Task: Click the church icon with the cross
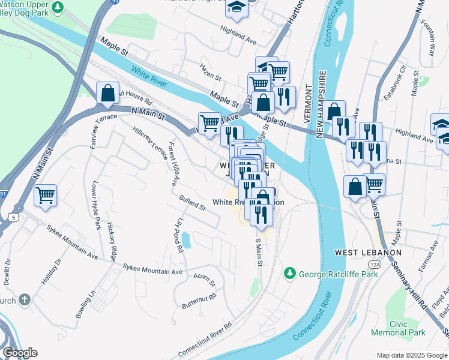click(x=24, y=299)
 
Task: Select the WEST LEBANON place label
click(x=368, y=253)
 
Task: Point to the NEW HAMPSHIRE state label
click(x=322, y=103)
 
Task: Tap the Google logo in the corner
click(x=20, y=353)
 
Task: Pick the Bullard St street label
click(x=191, y=203)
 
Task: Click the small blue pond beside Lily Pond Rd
click(x=186, y=241)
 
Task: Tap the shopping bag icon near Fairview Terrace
click(x=107, y=93)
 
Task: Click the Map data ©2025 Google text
click(x=411, y=355)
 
